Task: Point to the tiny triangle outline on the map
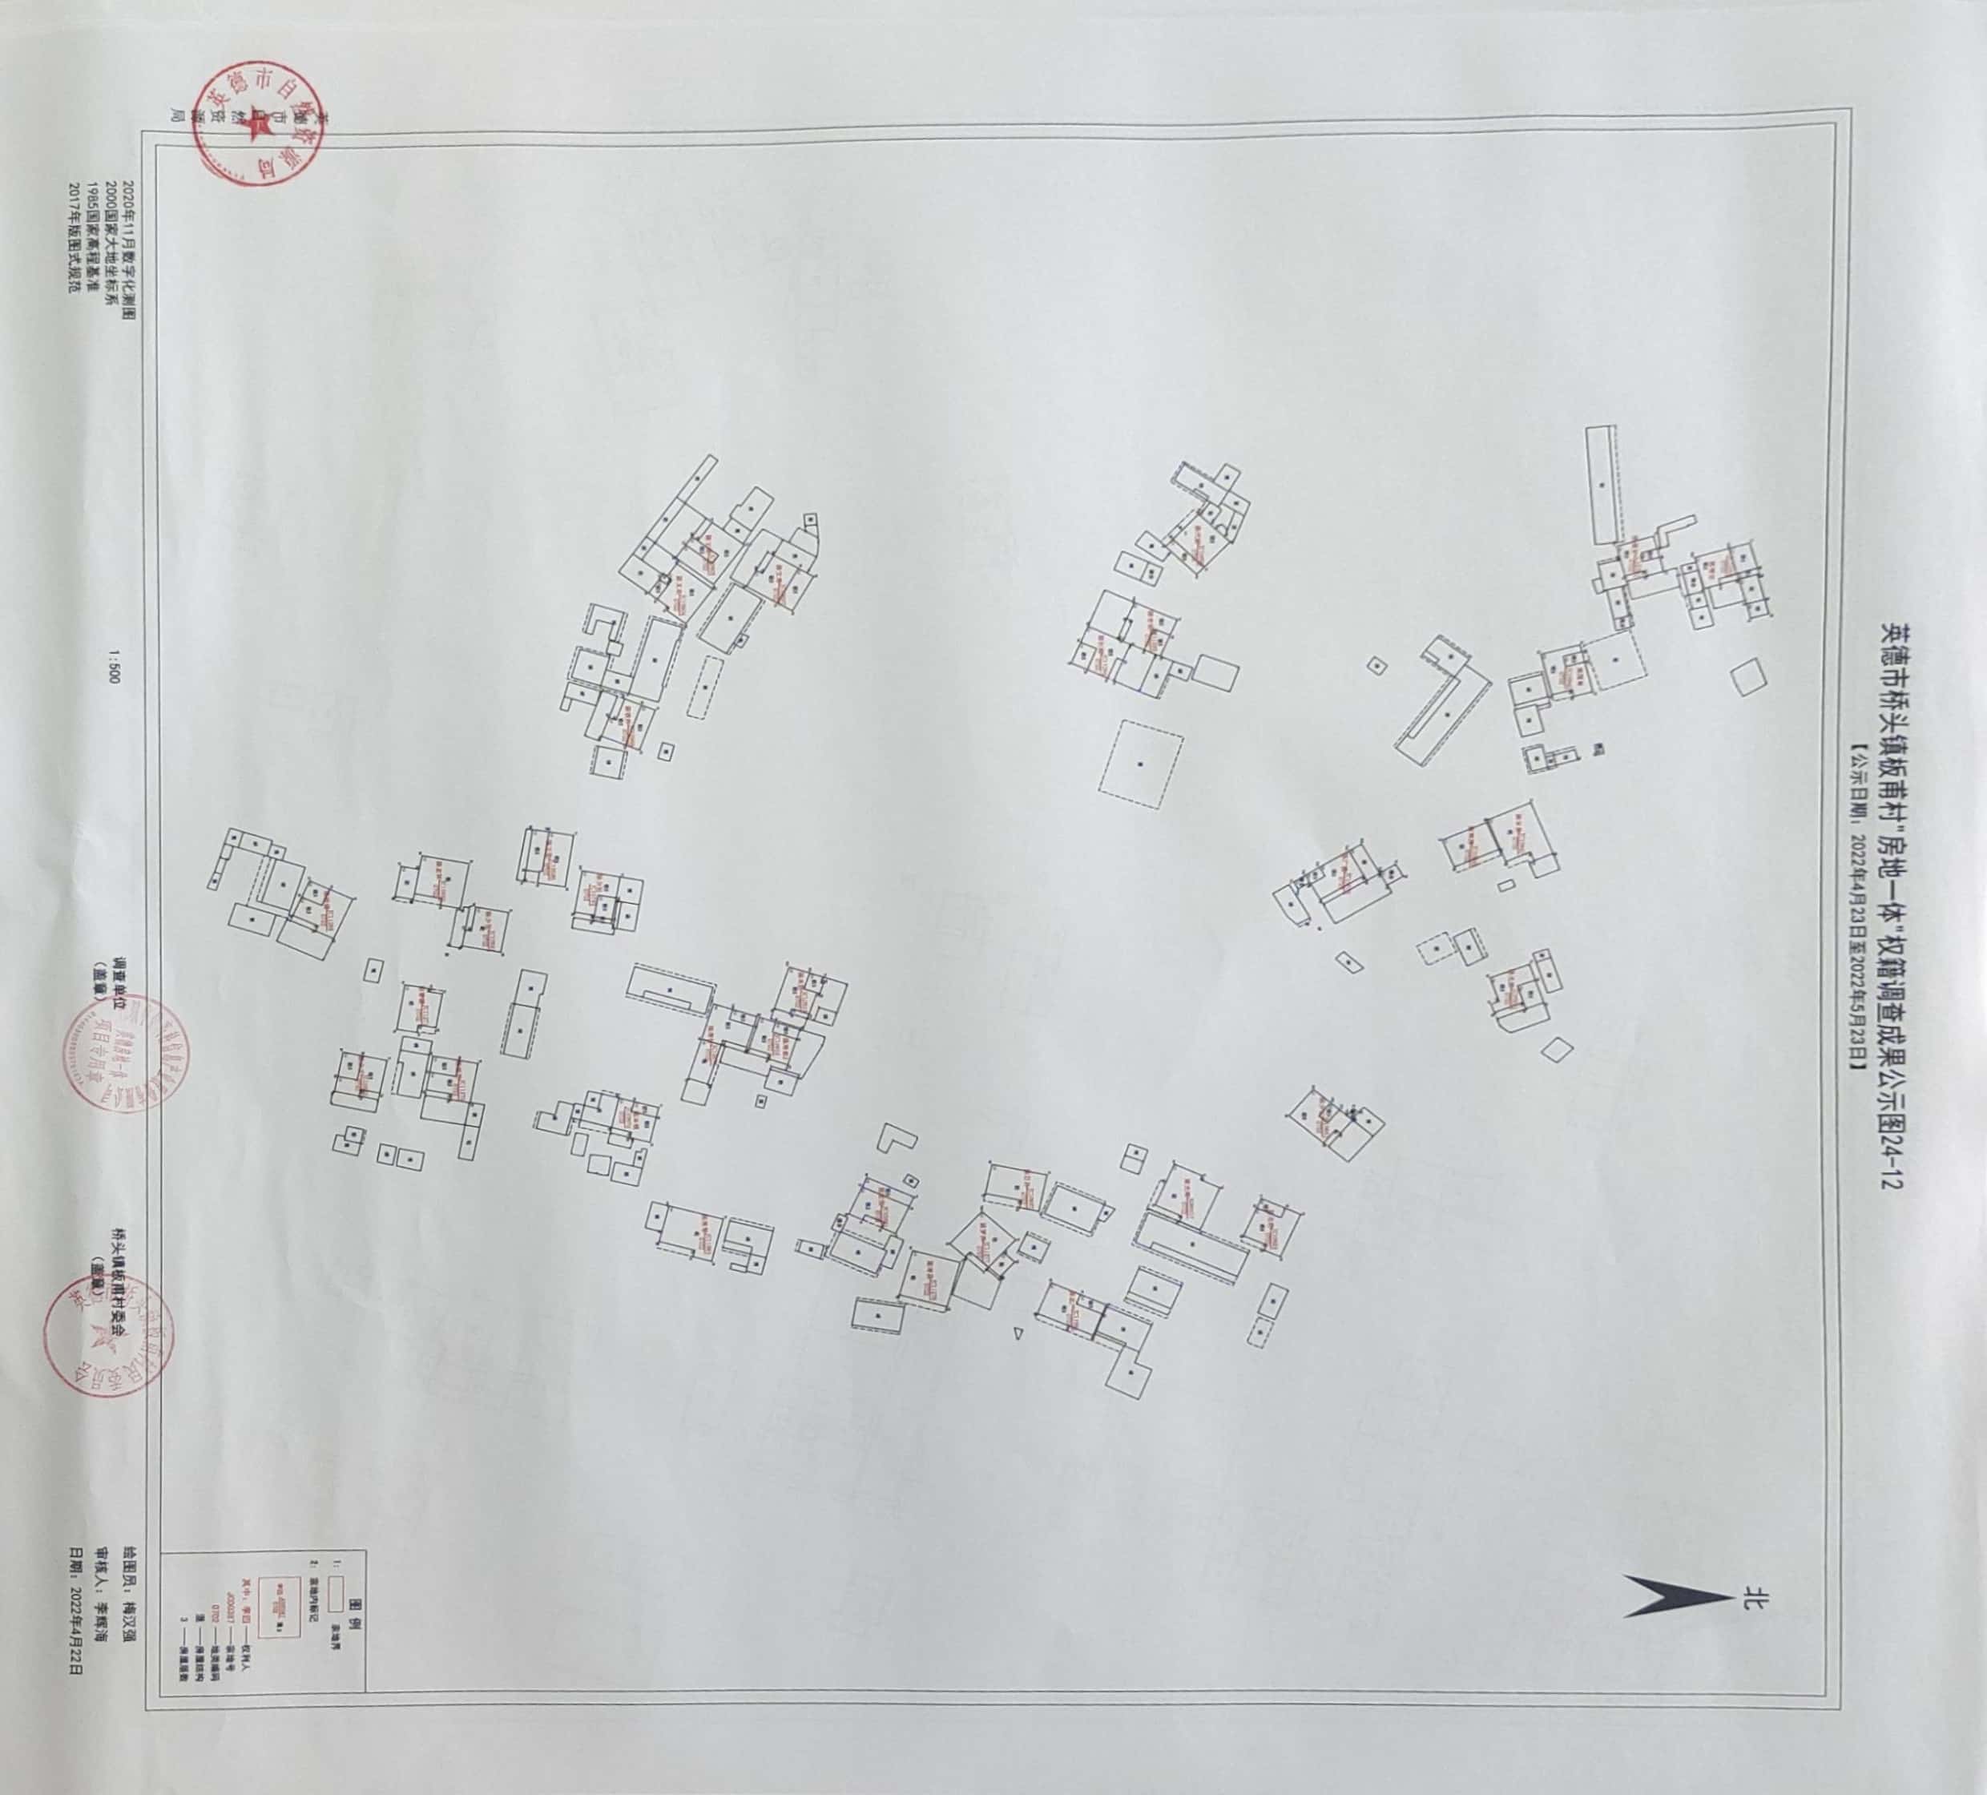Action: tap(1018, 1333)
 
